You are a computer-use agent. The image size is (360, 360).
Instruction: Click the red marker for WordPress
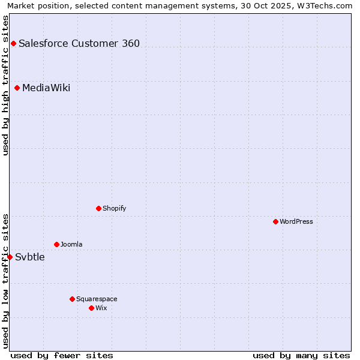pos(275,221)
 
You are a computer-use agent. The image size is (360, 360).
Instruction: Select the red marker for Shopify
pos(98,208)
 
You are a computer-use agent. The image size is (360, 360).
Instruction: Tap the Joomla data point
pos(56,244)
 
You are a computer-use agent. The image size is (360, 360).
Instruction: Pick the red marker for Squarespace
pos(72,299)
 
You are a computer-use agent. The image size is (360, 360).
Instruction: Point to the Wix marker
pos(91,308)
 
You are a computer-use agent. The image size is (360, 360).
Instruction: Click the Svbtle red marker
pos(10,257)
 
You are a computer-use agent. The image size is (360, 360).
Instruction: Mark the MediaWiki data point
pos(17,88)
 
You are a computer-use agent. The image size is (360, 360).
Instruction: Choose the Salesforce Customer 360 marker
pos(13,43)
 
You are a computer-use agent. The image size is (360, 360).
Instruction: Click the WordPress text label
pos(296,221)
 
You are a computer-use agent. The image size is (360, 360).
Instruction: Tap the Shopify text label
pos(114,208)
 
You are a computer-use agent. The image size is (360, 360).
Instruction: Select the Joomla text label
pos(71,244)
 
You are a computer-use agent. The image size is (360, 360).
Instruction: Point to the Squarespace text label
pos(97,299)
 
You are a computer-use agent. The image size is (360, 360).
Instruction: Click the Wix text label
pos(101,308)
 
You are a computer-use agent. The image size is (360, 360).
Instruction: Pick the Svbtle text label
pos(30,257)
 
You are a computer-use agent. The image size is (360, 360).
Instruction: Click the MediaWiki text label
pos(46,88)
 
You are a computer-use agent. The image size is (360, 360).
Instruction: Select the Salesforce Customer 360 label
pos(79,43)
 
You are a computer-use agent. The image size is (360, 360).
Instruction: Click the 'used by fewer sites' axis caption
pos(62,355)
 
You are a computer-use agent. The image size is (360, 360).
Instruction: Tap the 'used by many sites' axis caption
pos(301,355)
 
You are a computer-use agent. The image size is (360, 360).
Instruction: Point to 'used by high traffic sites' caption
pos(5,85)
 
